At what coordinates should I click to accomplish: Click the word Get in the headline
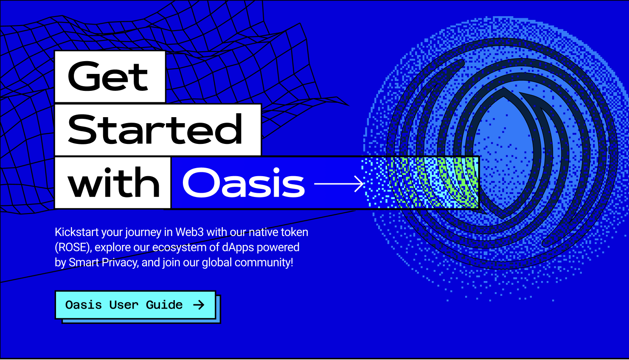click(108, 76)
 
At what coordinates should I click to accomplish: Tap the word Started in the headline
click(155, 129)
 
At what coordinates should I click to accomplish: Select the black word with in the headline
click(113, 183)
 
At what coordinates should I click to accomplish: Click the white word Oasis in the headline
click(243, 183)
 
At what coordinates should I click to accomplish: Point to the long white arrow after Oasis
click(339, 184)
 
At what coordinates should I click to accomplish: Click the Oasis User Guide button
click(135, 305)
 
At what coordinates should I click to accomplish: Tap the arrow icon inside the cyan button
click(199, 305)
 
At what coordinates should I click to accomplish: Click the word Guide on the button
click(164, 305)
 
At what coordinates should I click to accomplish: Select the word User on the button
click(124, 305)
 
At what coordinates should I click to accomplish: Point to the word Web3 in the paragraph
click(189, 232)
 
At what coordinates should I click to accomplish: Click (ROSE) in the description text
click(73, 247)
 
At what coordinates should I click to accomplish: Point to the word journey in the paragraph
click(143, 233)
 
